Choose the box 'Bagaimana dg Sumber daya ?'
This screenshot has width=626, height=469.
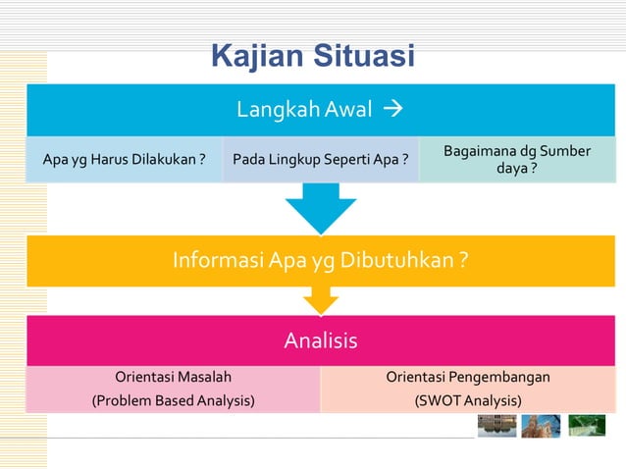pyautogui.click(x=517, y=161)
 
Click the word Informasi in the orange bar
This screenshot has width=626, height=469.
pyautogui.click(x=215, y=261)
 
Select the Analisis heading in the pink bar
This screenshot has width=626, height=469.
pyautogui.click(x=320, y=341)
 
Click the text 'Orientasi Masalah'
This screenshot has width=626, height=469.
pyautogui.click(x=174, y=377)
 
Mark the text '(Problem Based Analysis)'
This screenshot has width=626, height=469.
pyautogui.click(x=174, y=400)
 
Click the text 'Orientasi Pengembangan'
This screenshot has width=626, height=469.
pyautogui.click(x=468, y=377)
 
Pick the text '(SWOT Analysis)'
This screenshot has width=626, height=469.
pyautogui.click(x=468, y=400)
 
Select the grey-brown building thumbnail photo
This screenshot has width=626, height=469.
pyautogui.click(x=496, y=426)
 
